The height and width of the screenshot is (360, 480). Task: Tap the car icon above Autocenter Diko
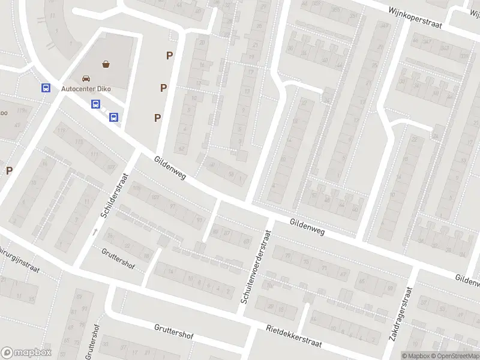point(86,78)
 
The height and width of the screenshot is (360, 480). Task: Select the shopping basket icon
point(106,64)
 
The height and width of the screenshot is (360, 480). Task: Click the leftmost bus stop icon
point(45,88)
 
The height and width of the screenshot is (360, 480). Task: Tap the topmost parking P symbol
point(170,56)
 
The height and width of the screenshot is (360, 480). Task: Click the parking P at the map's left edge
point(9,170)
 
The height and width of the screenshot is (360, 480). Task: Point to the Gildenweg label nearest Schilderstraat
point(170,167)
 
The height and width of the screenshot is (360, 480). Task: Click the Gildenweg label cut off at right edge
point(467,280)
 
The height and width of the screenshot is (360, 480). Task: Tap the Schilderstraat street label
point(116,195)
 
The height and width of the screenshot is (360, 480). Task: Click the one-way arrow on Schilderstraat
point(94,231)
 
